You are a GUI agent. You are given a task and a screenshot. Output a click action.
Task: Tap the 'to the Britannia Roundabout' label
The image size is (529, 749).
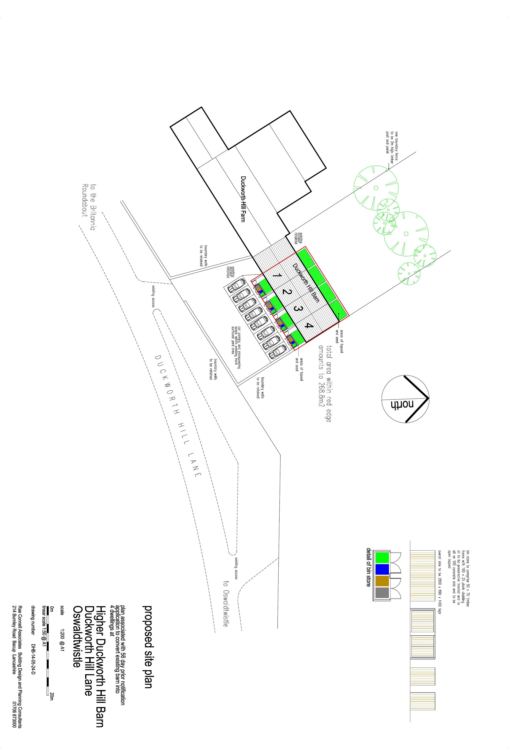click(x=89, y=207)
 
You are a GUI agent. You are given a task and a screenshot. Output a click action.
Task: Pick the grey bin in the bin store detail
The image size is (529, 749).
click(x=382, y=592)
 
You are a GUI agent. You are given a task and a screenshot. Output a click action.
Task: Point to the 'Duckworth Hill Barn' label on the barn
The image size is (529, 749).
click(x=306, y=283)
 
